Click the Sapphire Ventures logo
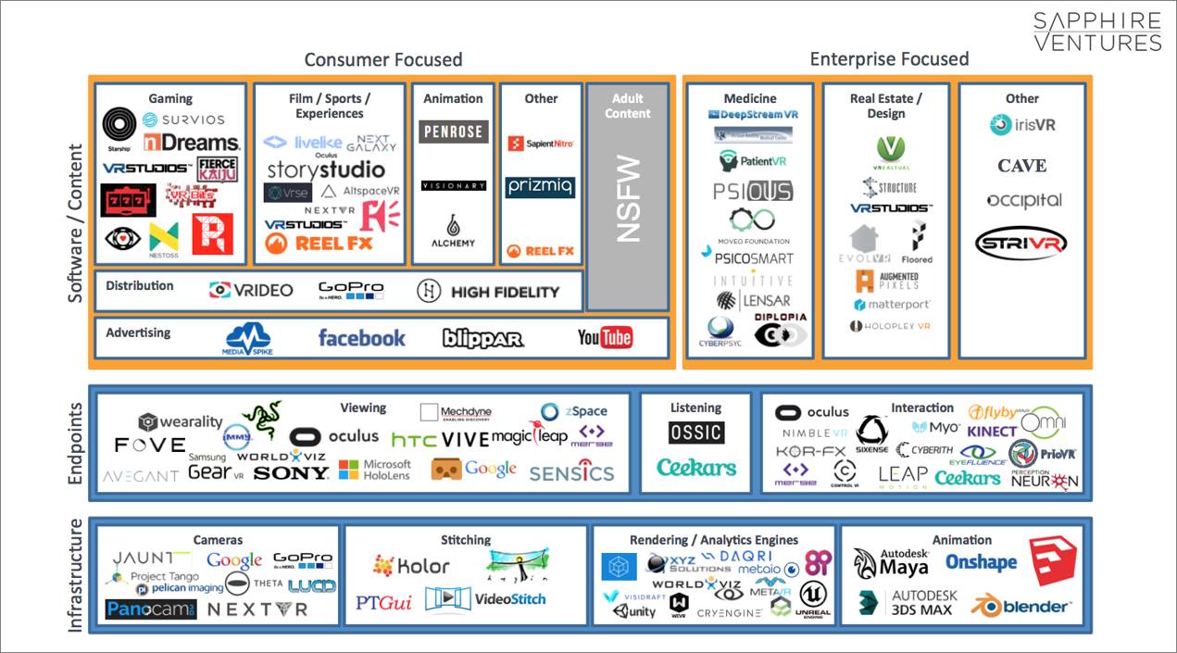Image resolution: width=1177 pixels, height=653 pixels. pyautogui.click(x=1096, y=31)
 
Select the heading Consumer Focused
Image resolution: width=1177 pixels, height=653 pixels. pyautogui.click(x=382, y=60)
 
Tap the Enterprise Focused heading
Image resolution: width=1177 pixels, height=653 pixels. pyautogui.click(x=889, y=59)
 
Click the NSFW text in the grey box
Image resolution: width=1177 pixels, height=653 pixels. pyautogui.click(x=628, y=207)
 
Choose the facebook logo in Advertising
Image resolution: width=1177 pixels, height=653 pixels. pyautogui.click(x=361, y=338)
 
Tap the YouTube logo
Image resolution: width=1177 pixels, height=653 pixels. pyautogui.click(x=605, y=337)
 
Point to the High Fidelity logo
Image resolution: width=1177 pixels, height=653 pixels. pyautogui.click(x=488, y=292)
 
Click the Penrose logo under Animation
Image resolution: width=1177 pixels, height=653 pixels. pyautogui.click(x=453, y=132)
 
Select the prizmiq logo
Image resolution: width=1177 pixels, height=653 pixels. pyautogui.click(x=540, y=187)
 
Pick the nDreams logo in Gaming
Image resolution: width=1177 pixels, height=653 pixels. pyautogui.click(x=192, y=143)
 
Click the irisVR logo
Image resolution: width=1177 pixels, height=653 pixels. pyautogui.click(x=1022, y=125)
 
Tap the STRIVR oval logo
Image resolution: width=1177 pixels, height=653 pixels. pyautogui.click(x=1021, y=244)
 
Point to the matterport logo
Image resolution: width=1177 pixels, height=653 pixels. pyautogui.click(x=892, y=304)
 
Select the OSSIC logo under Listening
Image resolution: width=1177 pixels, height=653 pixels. pyautogui.click(x=695, y=433)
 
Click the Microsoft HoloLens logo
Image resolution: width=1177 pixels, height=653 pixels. pyautogui.click(x=375, y=470)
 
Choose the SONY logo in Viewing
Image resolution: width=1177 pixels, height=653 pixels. pyautogui.click(x=291, y=473)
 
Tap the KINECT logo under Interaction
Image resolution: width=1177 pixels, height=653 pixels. pyautogui.click(x=992, y=431)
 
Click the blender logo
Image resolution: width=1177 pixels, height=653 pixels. pyautogui.click(x=1021, y=606)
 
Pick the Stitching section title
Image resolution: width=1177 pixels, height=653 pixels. pyautogui.click(x=466, y=540)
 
